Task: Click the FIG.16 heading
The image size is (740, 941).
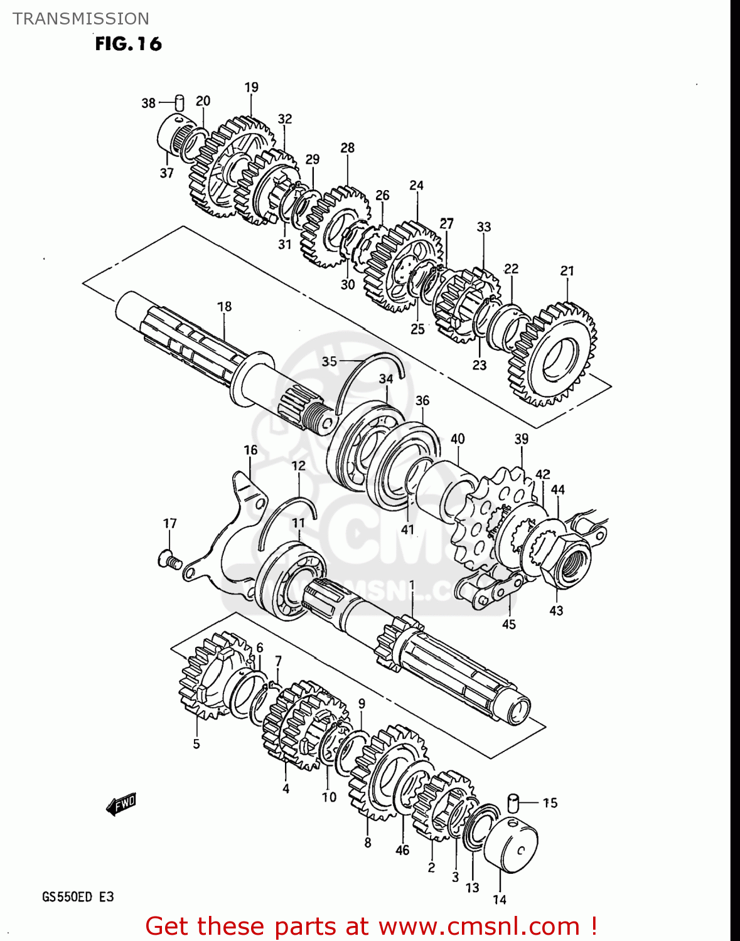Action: tap(128, 44)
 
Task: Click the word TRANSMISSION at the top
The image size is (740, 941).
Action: tap(81, 19)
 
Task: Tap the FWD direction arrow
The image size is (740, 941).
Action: tap(121, 804)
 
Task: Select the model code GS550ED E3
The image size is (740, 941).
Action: tap(78, 896)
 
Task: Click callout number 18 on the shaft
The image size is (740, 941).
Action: tap(224, 306)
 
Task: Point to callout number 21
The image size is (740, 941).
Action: tap(567, 270)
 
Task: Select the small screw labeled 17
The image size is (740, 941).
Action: tap(170, 558)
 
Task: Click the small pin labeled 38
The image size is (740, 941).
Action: tap(179, 102)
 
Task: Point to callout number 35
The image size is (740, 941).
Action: tap(329, 361)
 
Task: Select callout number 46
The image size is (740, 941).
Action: tap(402, 850)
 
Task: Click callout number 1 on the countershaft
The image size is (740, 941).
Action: tap(412, 585)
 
